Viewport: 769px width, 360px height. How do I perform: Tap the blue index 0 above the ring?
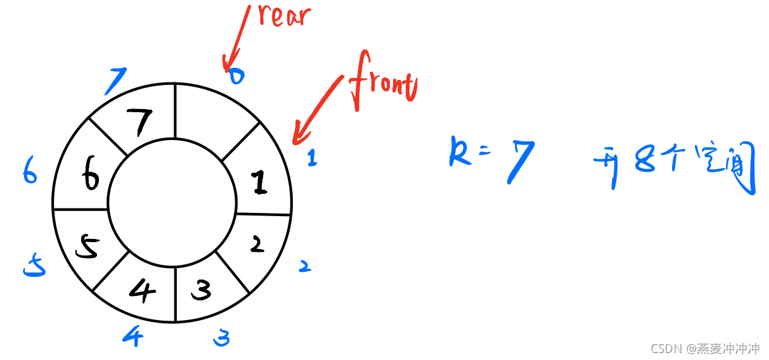pos(236,77)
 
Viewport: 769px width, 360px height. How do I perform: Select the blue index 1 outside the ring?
pos(311,159)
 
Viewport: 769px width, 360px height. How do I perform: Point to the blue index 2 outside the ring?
pos(305,266)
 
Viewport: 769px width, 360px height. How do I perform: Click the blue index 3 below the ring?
pos(221,338)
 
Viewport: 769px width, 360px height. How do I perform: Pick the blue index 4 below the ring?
pos(132,335)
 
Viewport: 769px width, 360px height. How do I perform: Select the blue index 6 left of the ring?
pos(30,170)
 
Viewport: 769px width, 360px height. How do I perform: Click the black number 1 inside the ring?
pos(258,183)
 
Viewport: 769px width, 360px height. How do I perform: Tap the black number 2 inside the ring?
pos(256,244)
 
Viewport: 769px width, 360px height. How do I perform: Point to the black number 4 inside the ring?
pos(141,290)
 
